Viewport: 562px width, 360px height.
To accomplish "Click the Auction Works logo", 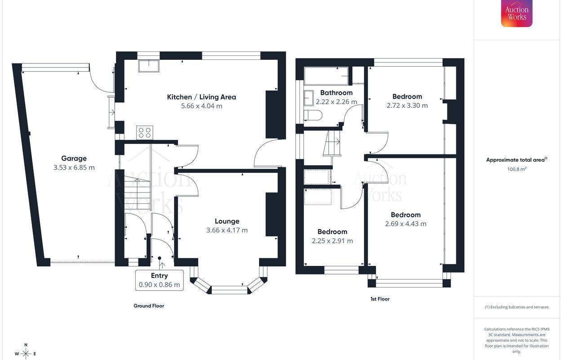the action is (517, 13).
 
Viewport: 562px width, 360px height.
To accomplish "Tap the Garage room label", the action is (74, 158).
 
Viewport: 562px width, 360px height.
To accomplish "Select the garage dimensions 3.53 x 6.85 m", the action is (74, 167).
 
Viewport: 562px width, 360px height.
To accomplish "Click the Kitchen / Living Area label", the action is (201, 97).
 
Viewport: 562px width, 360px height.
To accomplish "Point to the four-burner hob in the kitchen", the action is (145, 132).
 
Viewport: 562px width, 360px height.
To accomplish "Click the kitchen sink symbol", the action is (149, 66).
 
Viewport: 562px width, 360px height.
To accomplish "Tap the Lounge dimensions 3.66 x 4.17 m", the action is (227, 230).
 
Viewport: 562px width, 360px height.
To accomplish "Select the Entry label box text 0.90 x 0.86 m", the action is (159, 285).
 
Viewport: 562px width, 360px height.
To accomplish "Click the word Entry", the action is (159, 276).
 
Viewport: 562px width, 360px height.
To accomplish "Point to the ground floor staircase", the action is (137, 193).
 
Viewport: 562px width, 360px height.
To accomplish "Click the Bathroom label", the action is (336, 93).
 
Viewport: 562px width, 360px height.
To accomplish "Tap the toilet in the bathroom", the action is (313, 116).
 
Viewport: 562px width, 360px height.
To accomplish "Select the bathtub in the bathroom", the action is (326, 76).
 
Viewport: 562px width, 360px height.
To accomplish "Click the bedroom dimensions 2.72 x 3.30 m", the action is (407, 105).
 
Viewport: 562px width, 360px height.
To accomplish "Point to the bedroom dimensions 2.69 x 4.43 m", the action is (406, 224).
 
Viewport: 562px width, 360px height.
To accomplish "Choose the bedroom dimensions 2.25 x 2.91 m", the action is (332, 241).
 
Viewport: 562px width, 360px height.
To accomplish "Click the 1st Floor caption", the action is (380, 299).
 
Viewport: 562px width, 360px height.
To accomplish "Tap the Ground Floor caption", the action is (149, 306).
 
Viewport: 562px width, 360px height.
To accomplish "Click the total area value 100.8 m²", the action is (517, 169).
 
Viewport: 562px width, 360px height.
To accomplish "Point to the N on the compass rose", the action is (26, 345).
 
